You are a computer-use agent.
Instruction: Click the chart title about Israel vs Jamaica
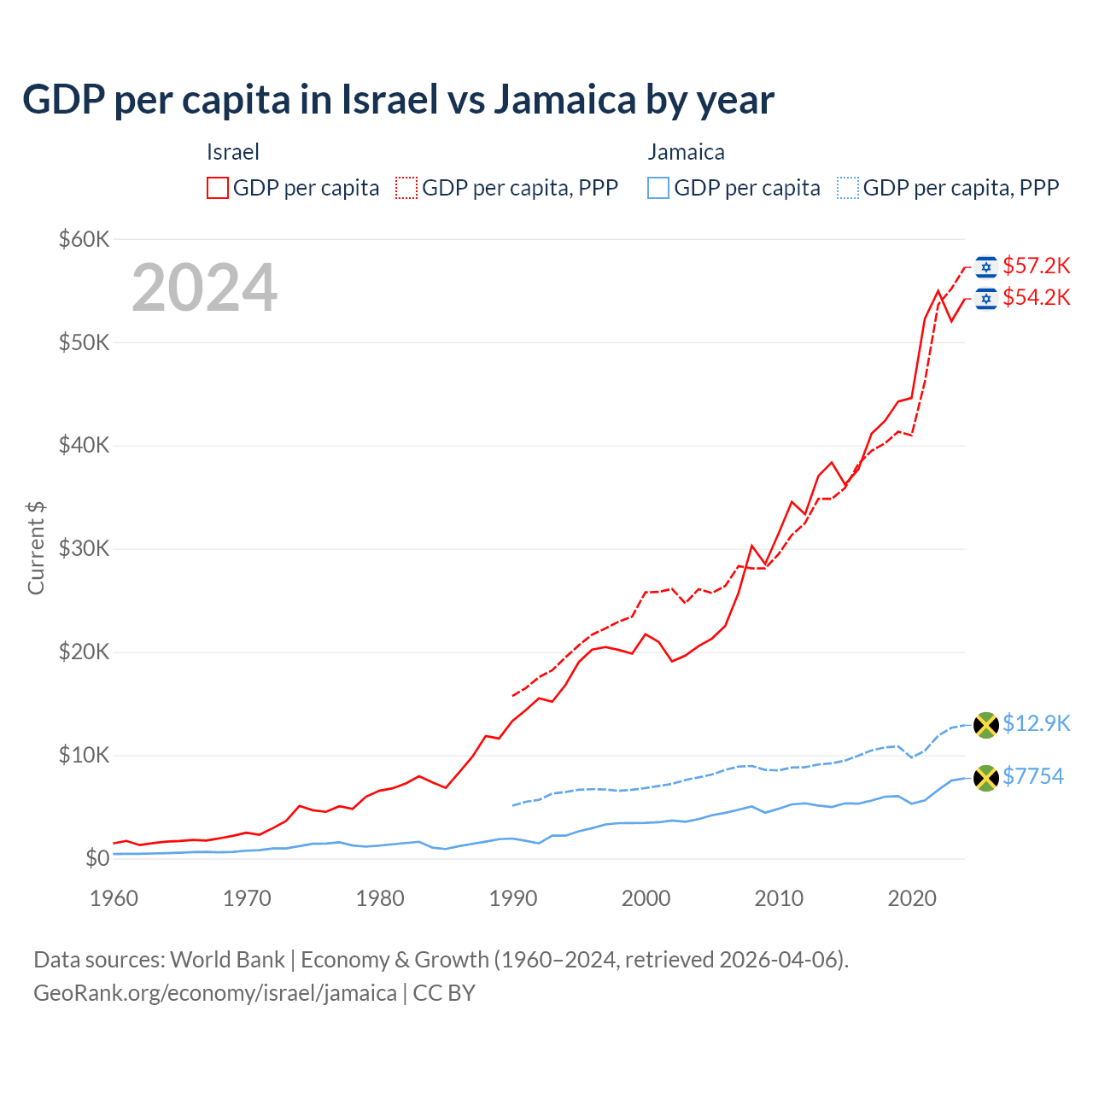pos(398,100)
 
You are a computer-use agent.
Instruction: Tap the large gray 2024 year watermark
pos(204,288)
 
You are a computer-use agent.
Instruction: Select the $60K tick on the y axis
pos(84,239)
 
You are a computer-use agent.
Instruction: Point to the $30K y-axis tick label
pos(84,549)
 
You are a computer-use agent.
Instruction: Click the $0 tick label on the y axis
pos(97,859)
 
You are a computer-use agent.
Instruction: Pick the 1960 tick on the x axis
pos(114,898)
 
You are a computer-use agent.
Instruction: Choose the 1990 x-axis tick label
pos(513,898)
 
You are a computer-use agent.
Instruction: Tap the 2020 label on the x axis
pos(912,898)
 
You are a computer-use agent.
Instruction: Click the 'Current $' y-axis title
pos(36,548)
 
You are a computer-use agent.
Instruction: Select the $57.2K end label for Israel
pos(1036,266)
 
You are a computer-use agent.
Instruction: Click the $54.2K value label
pos(1036,298)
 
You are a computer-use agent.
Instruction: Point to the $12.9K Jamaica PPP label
pos(1036,724)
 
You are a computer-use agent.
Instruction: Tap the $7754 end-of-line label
pos(1032,777)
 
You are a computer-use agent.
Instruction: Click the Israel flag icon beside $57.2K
pos(986,267)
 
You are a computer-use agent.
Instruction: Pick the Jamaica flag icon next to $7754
pos(986,778)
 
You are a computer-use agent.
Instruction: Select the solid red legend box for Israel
pos(218,188)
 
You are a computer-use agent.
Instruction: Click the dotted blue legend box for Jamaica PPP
pos(848,188)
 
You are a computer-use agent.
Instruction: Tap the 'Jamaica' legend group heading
pos(686,152)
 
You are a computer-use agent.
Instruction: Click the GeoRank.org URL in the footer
pos(215,993)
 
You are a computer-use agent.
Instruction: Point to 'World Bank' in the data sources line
pos(227,960)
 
